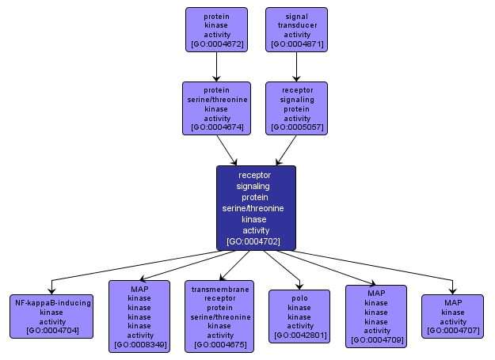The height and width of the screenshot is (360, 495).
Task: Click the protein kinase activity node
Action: point(216,30)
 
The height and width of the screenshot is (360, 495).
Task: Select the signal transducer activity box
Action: point(297,30)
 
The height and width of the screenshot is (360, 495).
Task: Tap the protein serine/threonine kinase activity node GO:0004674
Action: point(216,107)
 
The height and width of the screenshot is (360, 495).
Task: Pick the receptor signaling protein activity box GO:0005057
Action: point(297,107)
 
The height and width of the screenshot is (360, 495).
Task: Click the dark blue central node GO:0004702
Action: point(256,208)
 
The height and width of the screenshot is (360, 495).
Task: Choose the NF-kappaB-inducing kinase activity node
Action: point(52,316)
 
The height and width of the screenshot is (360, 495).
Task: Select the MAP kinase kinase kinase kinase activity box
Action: point(139,316)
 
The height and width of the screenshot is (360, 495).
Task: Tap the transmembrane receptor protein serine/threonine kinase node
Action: point(219,316)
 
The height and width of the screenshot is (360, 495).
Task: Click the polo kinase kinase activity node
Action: point(299,316)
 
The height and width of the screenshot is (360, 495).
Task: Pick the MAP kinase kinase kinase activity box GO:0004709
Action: point(376,316)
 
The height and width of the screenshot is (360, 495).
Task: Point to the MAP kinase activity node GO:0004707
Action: point(453,316)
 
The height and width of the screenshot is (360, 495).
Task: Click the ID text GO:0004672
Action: point(216,45)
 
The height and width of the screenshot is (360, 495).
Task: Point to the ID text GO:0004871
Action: point(297,45)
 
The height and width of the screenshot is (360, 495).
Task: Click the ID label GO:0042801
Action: point(299,336)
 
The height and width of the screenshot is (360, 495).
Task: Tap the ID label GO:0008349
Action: point(139,345)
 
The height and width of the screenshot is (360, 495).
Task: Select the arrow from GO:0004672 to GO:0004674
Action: point(216,66)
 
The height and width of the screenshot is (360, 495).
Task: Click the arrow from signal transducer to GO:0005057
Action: point(297,66)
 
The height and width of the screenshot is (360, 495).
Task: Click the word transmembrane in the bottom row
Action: point(219,290)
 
